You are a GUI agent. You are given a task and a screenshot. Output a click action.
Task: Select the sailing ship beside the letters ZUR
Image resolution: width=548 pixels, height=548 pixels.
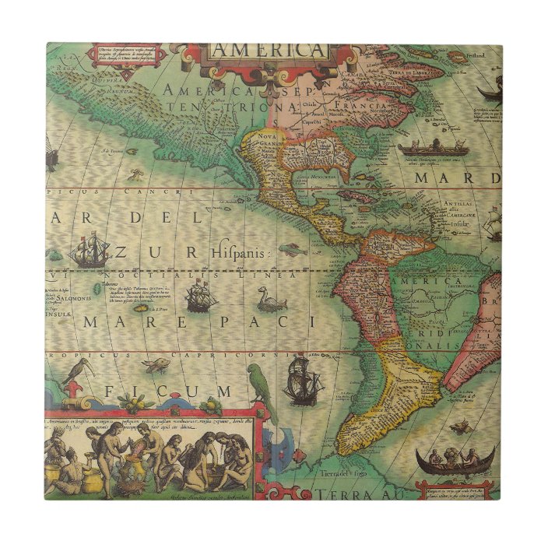pos(90,251)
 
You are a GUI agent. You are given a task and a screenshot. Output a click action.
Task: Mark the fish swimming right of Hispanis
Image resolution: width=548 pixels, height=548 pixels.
pos(289,250)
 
